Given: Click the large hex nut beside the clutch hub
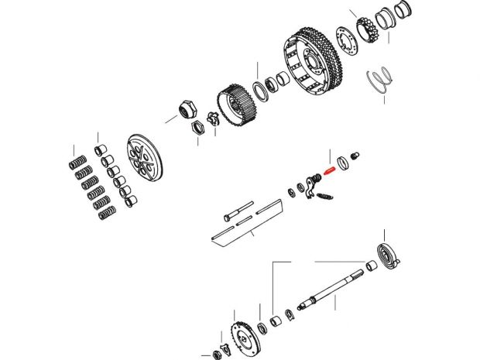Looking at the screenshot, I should [187, 108].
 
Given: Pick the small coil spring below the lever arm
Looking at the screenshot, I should [326, 199].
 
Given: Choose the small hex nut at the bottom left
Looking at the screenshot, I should [217, 355].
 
